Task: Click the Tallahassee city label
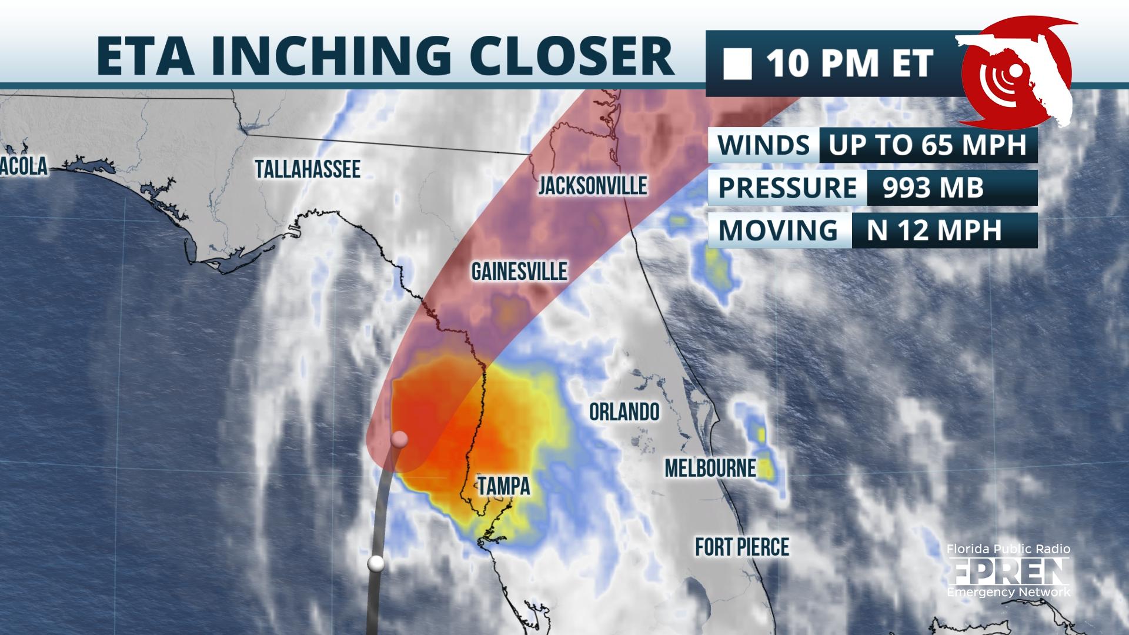(x=308, y=169)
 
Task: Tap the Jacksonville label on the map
(x=593, y=186)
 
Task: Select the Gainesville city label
(x=519, y=271)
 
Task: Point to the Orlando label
(x=624, y=412)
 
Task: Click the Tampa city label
(x=504, y=486)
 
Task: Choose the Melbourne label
(x=710, y=468)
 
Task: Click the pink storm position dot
(x=399, y=439)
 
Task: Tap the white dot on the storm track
(x=376, y=563)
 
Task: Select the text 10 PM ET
(x=850, y=64)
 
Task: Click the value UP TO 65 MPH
(x=927, y=144)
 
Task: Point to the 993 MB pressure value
(x=933, y=188)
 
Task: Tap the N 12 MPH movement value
(x=934, y=230)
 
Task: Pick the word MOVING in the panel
(x=778, y=230)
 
